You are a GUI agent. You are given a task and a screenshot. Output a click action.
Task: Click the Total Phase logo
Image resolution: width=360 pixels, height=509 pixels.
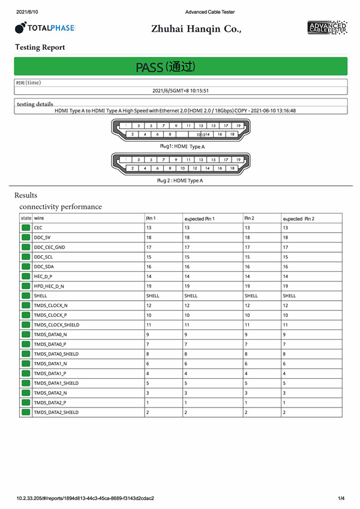click(x=46, y=28)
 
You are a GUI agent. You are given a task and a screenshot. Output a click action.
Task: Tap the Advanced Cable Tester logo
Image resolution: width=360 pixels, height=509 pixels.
click(x=326, y=27)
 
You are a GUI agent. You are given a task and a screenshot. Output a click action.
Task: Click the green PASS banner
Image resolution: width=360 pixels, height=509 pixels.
click(x=181, y=67)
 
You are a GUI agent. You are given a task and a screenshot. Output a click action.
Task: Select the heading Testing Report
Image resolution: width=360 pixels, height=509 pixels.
click(x=40, y=47)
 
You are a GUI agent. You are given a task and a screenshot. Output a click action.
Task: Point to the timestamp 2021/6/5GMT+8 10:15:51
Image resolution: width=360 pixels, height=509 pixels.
click(x=181, y=91)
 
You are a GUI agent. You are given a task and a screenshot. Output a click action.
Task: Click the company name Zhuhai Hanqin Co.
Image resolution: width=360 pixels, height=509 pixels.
click(x=196, y=28)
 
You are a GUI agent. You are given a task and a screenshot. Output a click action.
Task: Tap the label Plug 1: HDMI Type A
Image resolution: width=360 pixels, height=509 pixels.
click(x=182, y=146)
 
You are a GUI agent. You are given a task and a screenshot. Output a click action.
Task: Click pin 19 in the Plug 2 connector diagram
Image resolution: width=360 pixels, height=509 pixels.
click(x=238, y=160)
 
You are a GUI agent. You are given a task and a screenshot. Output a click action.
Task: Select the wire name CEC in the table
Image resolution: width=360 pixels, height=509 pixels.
click(x=38, y=228)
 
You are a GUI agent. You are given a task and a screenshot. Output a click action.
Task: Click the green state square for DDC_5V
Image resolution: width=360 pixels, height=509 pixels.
click(x=26, y=238)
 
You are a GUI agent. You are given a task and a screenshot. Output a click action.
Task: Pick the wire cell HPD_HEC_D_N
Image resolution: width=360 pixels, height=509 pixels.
click(x=49, y=287)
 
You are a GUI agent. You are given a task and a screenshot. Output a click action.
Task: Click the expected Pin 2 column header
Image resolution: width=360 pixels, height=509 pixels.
click(x=299, y=218)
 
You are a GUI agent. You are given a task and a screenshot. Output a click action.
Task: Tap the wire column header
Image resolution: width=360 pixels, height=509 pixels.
click(x=39, y=218)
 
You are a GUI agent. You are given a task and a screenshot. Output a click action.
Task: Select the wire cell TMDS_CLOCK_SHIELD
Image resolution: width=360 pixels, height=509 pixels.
click(x=56, y=325)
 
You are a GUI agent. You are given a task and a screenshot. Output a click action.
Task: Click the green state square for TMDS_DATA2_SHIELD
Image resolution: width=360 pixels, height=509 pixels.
click(x=26, y=412)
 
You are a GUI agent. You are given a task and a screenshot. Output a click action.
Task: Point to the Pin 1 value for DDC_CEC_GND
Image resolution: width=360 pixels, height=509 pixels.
click(x=149, y=247)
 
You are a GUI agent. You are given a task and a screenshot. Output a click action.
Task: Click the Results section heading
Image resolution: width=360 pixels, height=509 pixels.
click(x=26, y=195)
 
